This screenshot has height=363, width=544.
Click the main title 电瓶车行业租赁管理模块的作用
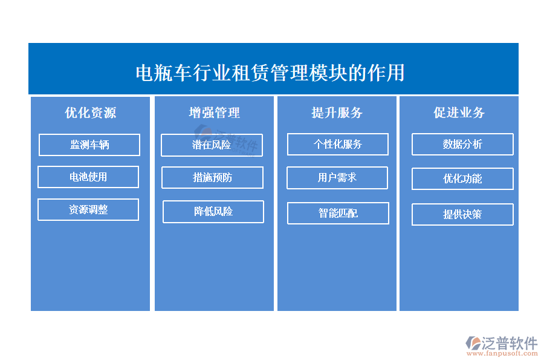(270, 73)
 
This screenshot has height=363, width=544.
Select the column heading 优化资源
(90, 113)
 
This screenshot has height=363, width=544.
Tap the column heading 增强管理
(214, 113)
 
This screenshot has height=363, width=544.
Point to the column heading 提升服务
(337, 113)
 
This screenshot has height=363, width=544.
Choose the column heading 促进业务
(459, 113)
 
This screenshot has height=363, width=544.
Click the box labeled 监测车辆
(89, 145)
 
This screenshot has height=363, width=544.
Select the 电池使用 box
(88, 177)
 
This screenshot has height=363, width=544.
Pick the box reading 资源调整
(88, 209)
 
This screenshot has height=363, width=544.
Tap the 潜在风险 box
(212, 145)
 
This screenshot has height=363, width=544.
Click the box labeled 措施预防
(212, 177)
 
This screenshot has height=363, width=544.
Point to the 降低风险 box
(213, 212)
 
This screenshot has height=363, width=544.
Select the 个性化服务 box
(337, 144)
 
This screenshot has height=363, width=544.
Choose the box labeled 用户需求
(337, 178)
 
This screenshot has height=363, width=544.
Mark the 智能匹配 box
(338, 214)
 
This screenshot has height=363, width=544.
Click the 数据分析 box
(462, 144)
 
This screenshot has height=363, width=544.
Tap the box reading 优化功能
(462, 178)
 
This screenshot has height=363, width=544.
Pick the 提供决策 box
(462, 214)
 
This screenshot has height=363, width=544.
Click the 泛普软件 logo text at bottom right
(510, 343)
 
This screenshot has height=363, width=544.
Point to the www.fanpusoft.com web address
(502, 353)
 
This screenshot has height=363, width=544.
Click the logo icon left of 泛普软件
(473, 343)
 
